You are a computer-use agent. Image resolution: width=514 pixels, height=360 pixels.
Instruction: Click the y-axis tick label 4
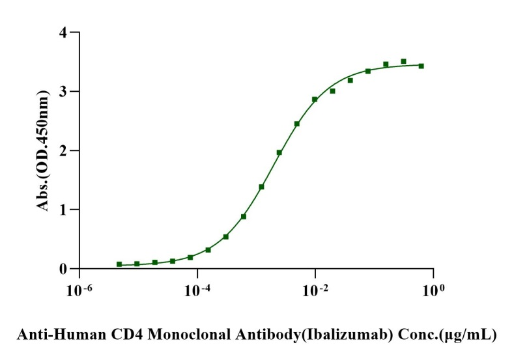(64, 32)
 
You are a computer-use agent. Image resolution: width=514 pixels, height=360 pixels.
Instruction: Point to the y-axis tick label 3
(64, 91)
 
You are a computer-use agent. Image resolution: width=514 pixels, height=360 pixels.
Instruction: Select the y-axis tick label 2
(64, 150)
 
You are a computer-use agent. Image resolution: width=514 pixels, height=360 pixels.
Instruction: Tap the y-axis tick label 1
(64, 210)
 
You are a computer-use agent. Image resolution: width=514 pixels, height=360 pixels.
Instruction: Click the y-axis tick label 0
(64, 269)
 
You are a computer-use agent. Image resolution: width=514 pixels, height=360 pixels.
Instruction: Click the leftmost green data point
(119, 264)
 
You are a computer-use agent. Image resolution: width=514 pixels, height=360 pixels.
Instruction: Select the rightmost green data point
(421, 66)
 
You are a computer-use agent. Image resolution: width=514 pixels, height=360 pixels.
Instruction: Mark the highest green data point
(403, 61)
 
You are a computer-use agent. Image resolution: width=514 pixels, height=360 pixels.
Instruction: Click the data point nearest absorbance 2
(279, 152)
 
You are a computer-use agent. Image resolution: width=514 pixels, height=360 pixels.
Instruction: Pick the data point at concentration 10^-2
(315, 100)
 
